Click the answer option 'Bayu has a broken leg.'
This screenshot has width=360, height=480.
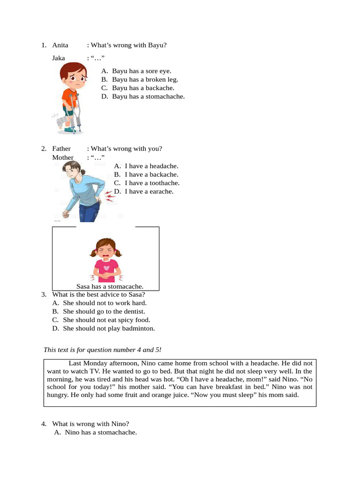coord(145,79)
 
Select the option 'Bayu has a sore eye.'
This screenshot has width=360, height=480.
coord(142,71)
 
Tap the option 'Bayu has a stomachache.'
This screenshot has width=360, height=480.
coord(148,97)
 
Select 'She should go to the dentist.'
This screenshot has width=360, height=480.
coord(104,311)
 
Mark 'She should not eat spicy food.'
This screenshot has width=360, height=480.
coord(106,320)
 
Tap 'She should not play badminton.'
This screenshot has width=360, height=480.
coord(109,328)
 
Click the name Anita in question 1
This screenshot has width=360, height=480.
coord(60,45)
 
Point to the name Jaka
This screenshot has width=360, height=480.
coord(59,58)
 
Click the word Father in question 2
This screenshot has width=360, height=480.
coord(61,149)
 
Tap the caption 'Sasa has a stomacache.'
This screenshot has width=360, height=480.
coord(110,286)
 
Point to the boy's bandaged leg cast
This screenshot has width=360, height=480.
coord(61,124)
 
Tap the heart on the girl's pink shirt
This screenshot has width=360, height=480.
coord(107,268)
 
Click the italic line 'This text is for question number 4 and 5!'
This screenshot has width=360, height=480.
coord(102,350)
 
